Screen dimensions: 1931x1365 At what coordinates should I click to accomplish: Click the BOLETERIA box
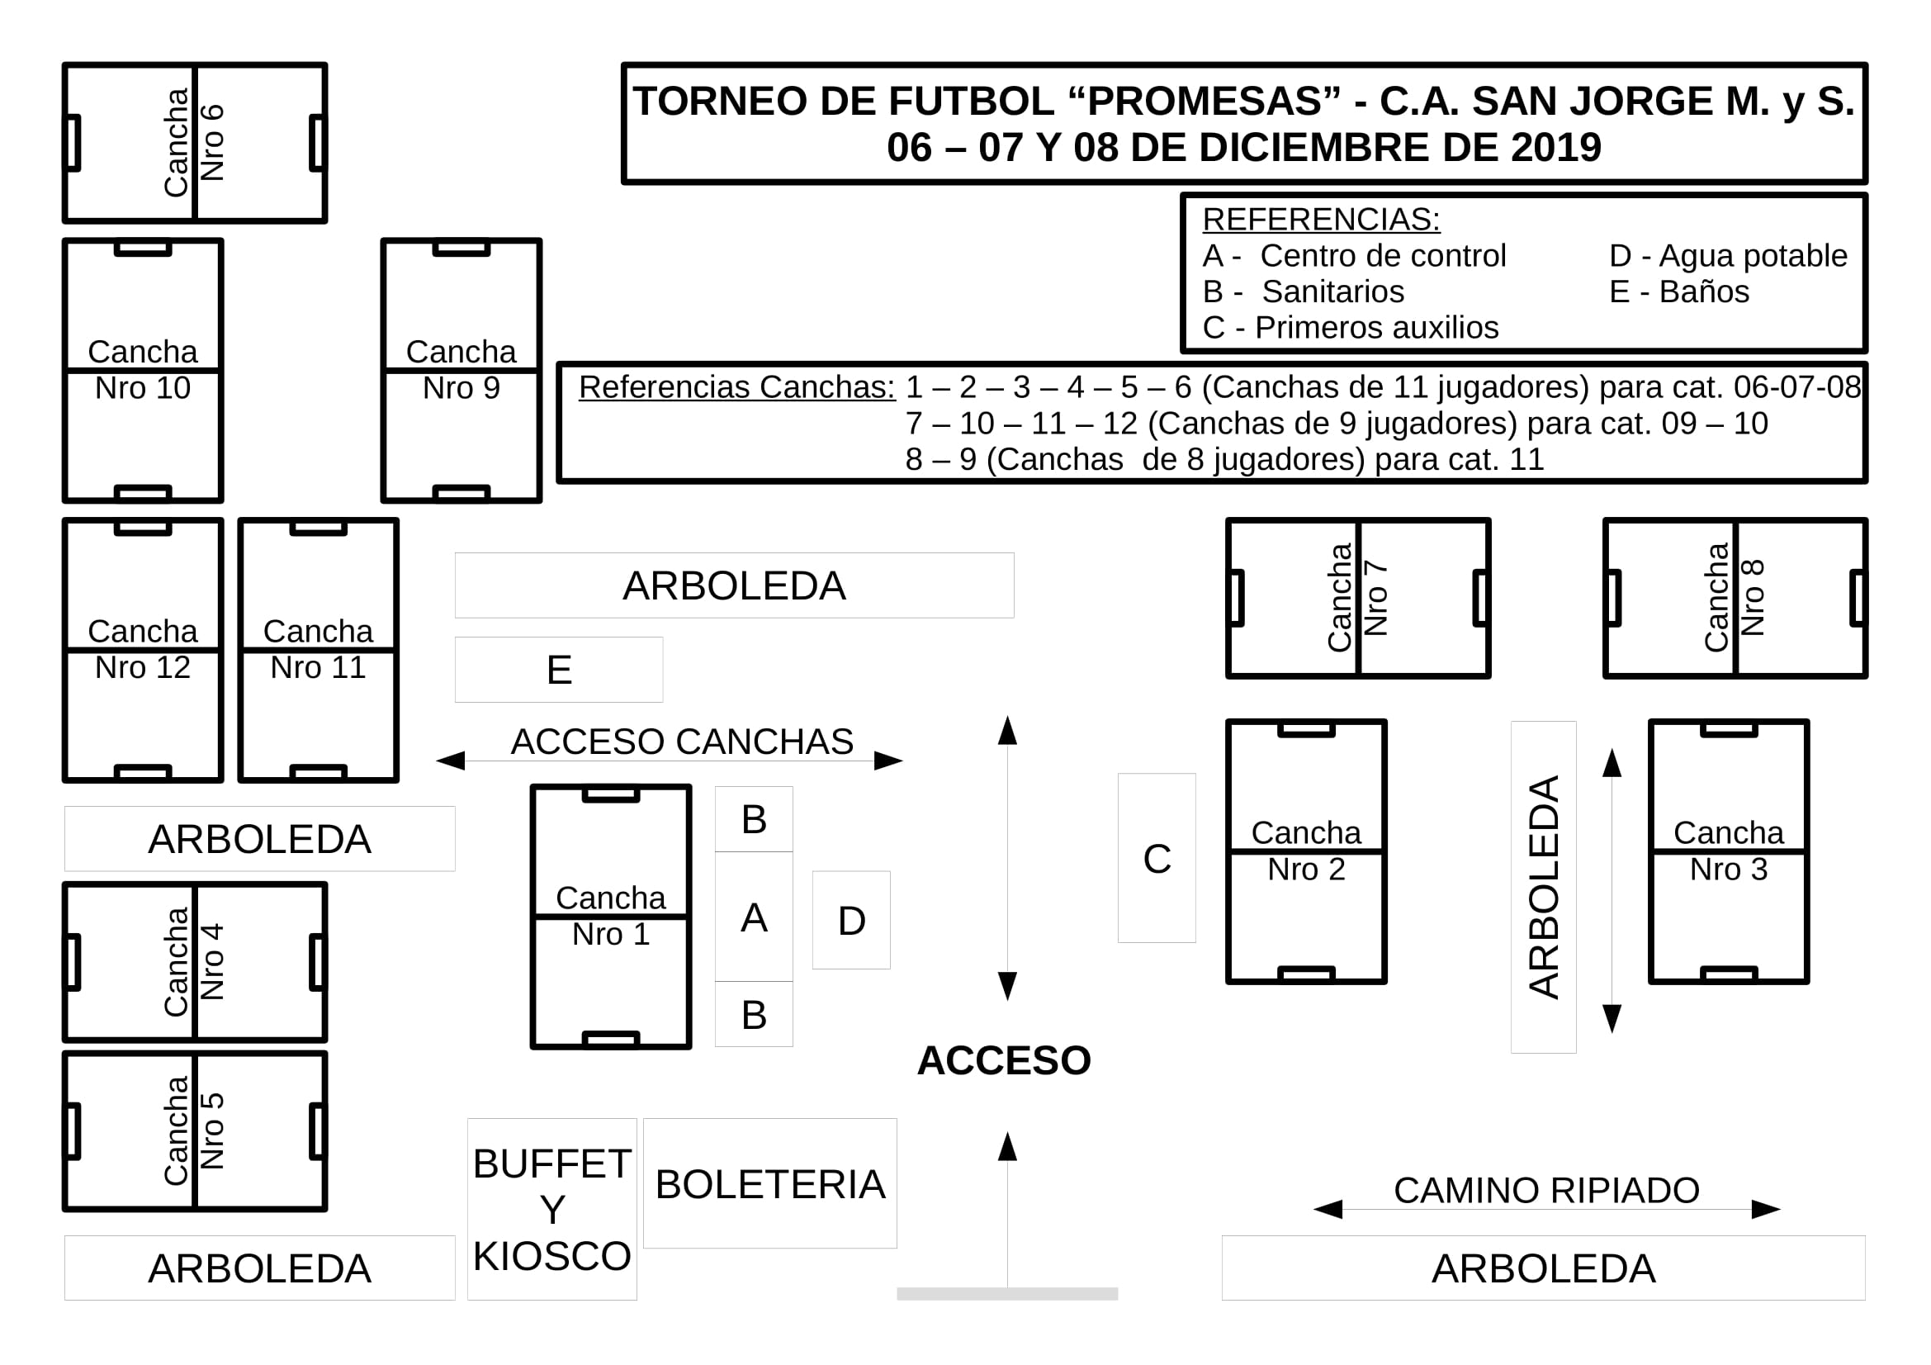point(769,1183)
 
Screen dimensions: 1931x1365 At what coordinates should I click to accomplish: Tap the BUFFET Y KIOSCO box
point(551,1210)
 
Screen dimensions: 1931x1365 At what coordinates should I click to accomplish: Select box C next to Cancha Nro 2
point(1157,858)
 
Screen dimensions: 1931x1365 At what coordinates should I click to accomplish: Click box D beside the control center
point(851,920)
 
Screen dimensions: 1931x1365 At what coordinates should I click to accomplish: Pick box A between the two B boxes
point(754,917)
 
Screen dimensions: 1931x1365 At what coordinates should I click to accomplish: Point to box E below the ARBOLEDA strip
point(558,670)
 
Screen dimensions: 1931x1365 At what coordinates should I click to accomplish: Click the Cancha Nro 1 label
point(611,916)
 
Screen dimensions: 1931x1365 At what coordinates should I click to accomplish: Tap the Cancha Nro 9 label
point(461,370)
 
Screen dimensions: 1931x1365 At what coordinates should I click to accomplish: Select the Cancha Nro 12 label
point(143,649)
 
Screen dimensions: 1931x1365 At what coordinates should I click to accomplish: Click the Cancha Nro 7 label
point(1357,597)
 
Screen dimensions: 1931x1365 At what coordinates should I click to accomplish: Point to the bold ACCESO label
point(1003,1060)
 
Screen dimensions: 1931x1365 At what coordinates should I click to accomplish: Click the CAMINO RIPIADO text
point(1546,1190)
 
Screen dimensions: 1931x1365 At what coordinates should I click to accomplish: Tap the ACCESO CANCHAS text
point(682,742)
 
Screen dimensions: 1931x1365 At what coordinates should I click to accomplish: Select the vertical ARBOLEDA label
point(1543,888)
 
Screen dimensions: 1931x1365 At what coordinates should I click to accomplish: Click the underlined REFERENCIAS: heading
point(1321,219)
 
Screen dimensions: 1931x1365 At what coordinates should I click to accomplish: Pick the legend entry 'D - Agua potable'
point(1728,256)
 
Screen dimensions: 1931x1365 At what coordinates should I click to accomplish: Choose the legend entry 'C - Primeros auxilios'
point(1351,327)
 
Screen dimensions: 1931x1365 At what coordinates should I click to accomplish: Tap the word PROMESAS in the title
point(1204,101)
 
